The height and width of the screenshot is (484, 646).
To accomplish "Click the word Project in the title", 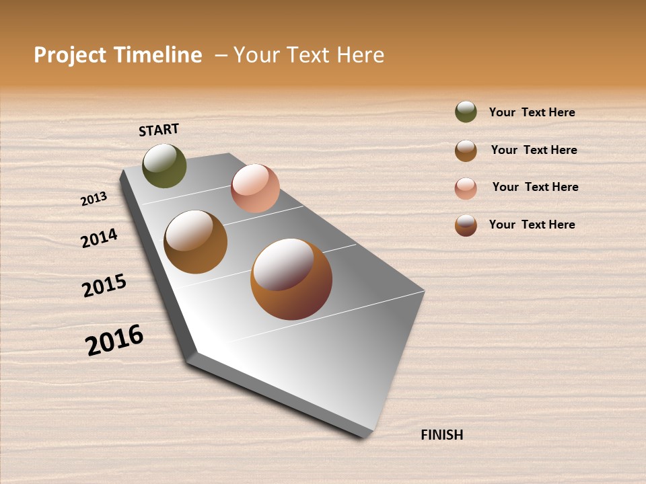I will click(x=70, y=55).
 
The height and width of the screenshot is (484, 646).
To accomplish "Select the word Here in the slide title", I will click(x=360, y=55).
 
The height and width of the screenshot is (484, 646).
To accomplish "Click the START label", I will click(x=159, y=130).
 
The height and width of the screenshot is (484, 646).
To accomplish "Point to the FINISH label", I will click(x=442, y=435).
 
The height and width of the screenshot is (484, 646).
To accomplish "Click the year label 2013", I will click(x=94, y=198).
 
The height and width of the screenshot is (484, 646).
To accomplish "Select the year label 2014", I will click(x=99, y=238).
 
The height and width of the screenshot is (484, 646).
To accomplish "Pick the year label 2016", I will click(x=114, y=340).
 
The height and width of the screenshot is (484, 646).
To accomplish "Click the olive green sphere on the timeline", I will click(x=164, y=166).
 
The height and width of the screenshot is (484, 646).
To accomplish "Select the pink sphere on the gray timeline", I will click(x=255, y=188).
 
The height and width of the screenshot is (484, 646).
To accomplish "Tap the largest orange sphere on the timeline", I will click(x=291, y=279).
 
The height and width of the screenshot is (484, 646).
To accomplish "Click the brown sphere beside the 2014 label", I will click(x=195, y=242).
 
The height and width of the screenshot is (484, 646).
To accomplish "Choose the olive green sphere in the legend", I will click(x=466, y=112).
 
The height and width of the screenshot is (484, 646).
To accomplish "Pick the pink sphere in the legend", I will click(x=466, y=188).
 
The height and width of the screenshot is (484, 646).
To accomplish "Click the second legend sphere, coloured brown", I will click(x=466, y=151).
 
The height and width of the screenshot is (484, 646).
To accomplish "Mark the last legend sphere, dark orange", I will click(x=466, y=225).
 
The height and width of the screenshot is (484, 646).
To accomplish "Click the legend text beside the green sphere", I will click(x=532, y=112).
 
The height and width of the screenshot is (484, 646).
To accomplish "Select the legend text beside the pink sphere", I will click(x=535, y=187).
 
